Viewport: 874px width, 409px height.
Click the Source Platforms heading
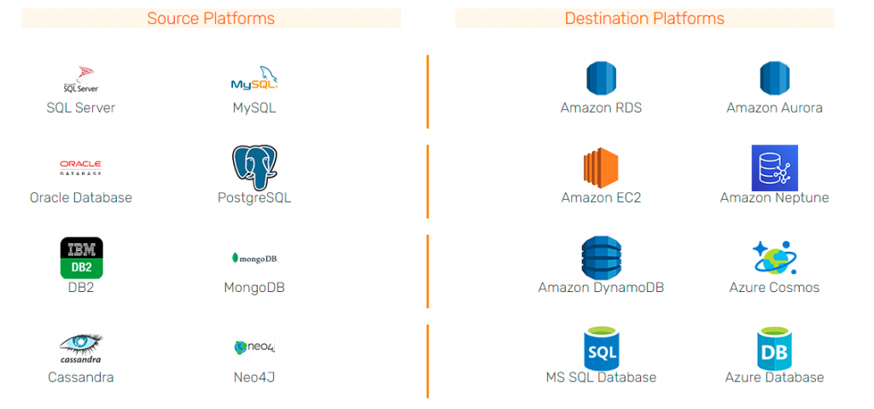(x=211, y=18)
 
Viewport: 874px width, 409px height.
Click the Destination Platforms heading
(x=644, y=18)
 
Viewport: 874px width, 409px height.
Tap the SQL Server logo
(x=81, y=79)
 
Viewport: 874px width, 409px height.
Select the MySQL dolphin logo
(x=254, y=79)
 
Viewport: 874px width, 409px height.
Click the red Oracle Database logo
(x=81, y=167)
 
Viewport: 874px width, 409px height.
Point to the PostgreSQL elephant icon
(x=254, y=167)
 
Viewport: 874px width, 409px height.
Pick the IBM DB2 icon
(x=82, y=258)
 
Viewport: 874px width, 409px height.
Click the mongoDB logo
(x=254, y=258)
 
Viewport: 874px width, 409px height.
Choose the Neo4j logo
(x=254, y=348)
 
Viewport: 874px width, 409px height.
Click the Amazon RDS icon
(x=601, y=79)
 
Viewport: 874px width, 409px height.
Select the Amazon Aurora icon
(x=774, y=79)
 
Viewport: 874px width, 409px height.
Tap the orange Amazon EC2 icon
(x=601, y=167)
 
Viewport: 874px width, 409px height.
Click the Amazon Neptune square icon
(x=774, y=167)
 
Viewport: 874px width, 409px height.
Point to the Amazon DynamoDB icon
(x=601, y=258)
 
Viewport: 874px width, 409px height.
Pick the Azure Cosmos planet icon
(x=774, y=258)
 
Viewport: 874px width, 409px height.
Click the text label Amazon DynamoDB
(x=601, y=288)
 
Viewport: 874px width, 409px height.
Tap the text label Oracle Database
(x=81, y=198)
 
